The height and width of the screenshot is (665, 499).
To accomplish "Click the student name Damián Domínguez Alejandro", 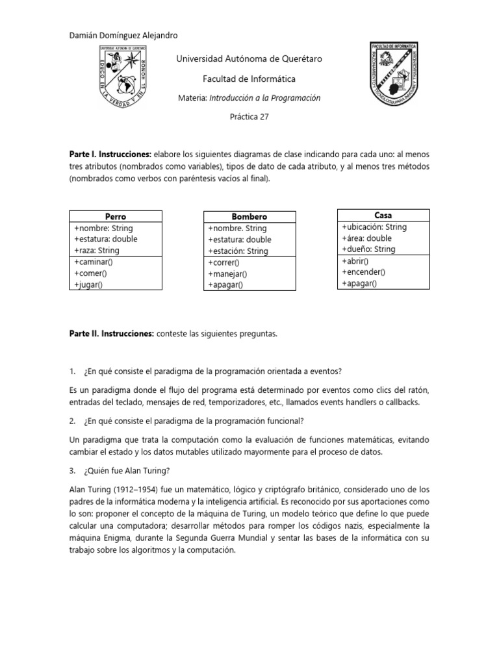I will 123,35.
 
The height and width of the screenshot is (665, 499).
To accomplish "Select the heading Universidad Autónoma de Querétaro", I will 249,59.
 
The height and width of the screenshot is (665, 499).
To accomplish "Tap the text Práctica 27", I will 249,118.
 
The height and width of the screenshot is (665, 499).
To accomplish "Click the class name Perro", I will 115,216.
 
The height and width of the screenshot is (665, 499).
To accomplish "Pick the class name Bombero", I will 249,216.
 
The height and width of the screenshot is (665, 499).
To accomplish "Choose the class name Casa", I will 383,215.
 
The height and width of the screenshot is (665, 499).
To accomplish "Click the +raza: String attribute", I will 97,250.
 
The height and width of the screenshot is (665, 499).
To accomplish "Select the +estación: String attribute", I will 238,251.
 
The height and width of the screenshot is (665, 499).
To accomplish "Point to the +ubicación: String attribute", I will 374,227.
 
